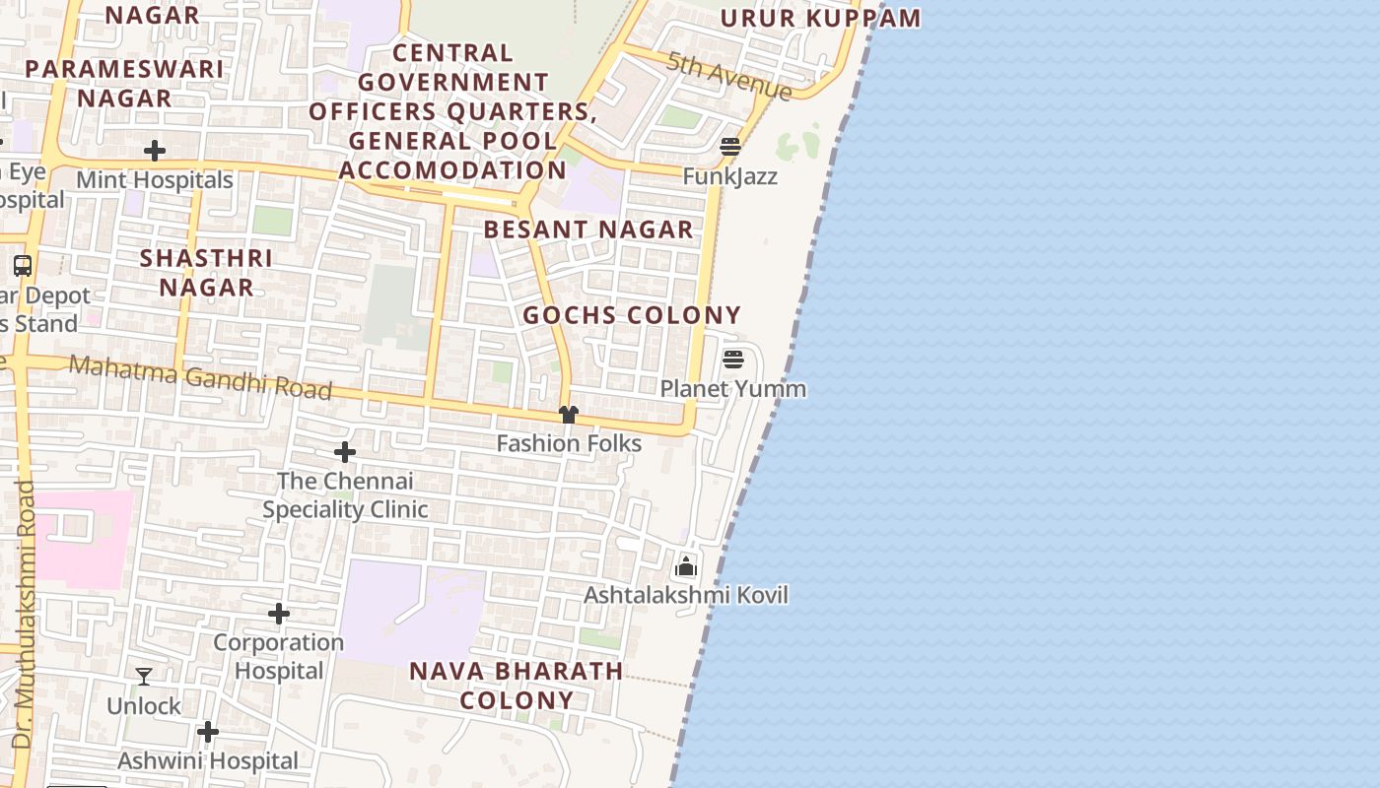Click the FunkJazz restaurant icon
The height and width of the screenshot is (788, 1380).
pos(730,147)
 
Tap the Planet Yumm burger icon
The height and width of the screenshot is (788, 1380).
pos(732,360)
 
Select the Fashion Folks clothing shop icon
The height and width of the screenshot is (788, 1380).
pos(568,415)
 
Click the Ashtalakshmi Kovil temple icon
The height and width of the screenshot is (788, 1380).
pos(686,566)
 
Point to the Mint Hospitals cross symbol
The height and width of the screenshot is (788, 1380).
pos(155,151)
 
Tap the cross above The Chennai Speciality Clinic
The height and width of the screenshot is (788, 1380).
pos(345,452)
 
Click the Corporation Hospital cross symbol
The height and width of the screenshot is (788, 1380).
pos(279,614)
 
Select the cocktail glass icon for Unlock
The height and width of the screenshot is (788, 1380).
pos(144,677)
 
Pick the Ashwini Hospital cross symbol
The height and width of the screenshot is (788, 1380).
pos(207,732)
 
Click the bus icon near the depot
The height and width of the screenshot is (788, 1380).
pos(23,266)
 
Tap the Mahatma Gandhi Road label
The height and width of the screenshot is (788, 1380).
pos(200,377)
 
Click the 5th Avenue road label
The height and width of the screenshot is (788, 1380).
pos(729,76)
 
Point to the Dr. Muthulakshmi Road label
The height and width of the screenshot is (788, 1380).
pos(23,613)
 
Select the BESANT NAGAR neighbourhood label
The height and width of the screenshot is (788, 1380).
pos(588,230)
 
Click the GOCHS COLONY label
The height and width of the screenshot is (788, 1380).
pos(632,315)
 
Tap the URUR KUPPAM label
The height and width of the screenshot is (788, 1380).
pos(820,18)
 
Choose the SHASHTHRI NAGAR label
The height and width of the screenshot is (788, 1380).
pos(206,273)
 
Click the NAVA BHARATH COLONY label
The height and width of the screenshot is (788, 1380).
pos(517,686)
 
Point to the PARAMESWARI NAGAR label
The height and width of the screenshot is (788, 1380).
pos(124,84)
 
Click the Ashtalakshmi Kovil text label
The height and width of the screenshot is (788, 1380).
pos(686,595)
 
